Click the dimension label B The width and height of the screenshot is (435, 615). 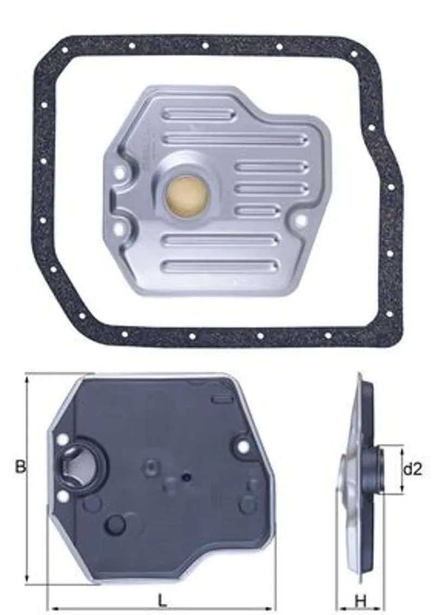pyautogui.click(x=20, y=467)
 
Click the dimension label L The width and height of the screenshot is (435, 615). pyautogui.click(x=161, y=600)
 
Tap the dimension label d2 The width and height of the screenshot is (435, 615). pyautogui.click(x=413, y=469)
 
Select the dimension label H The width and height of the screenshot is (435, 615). pyautogui.click(x=360, y=600)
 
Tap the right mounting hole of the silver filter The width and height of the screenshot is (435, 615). pyautogui.click(x=301, y=221)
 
